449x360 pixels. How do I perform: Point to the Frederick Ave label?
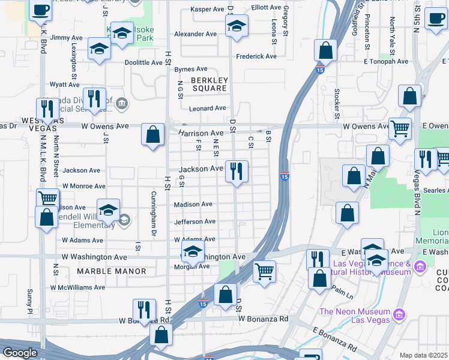[256, 56]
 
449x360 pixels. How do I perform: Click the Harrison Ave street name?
[200, 133]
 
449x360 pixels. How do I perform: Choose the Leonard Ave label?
[207, 109]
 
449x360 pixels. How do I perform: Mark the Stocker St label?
[337, 104]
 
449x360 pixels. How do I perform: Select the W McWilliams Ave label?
[77, 288]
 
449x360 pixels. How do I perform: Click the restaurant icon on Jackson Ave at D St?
[237, 172]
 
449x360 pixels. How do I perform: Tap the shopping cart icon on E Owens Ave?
[400, 128]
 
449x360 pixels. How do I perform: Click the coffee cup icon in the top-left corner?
[40, 10]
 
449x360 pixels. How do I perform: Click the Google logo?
[20, 353]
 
